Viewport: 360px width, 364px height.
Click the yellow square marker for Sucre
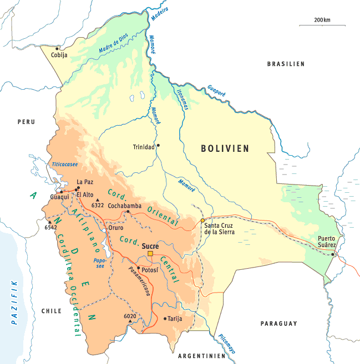pos(150,254)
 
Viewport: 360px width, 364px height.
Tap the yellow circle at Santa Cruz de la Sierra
pos(204,221)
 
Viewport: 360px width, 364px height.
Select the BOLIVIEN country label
pos(225,148)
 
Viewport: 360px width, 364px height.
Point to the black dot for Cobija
pos(57,48)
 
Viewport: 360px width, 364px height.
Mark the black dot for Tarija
pos(165,318)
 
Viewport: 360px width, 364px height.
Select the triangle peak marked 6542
pos(50,222)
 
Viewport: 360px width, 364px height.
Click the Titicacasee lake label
pos(65,165)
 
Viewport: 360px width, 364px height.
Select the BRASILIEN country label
pos(286,64)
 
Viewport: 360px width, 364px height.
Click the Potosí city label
pos(150,270)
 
